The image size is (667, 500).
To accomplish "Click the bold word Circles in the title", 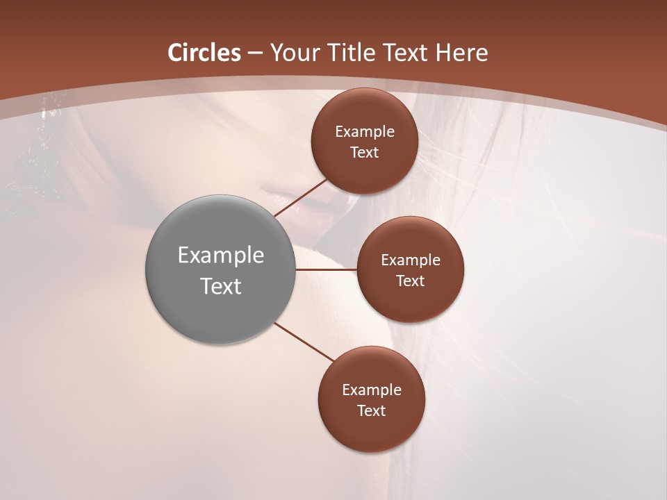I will point(204,53).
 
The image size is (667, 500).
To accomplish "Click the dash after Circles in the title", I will point(255,53).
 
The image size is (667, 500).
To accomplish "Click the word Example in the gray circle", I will point(221,256).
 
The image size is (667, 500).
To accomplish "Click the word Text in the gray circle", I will point(221,286).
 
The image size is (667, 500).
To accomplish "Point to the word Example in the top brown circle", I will point(365,131).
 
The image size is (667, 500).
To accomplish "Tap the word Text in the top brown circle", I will point(365,152).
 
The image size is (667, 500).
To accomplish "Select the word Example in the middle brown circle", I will point(411,260).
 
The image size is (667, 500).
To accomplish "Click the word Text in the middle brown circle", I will point(411,281).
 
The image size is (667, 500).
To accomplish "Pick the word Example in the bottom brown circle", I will point(372,390).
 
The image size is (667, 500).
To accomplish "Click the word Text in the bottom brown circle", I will point(372,410).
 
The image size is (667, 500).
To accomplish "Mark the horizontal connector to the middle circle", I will point(327,269).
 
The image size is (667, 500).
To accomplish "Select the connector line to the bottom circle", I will point(304,341).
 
